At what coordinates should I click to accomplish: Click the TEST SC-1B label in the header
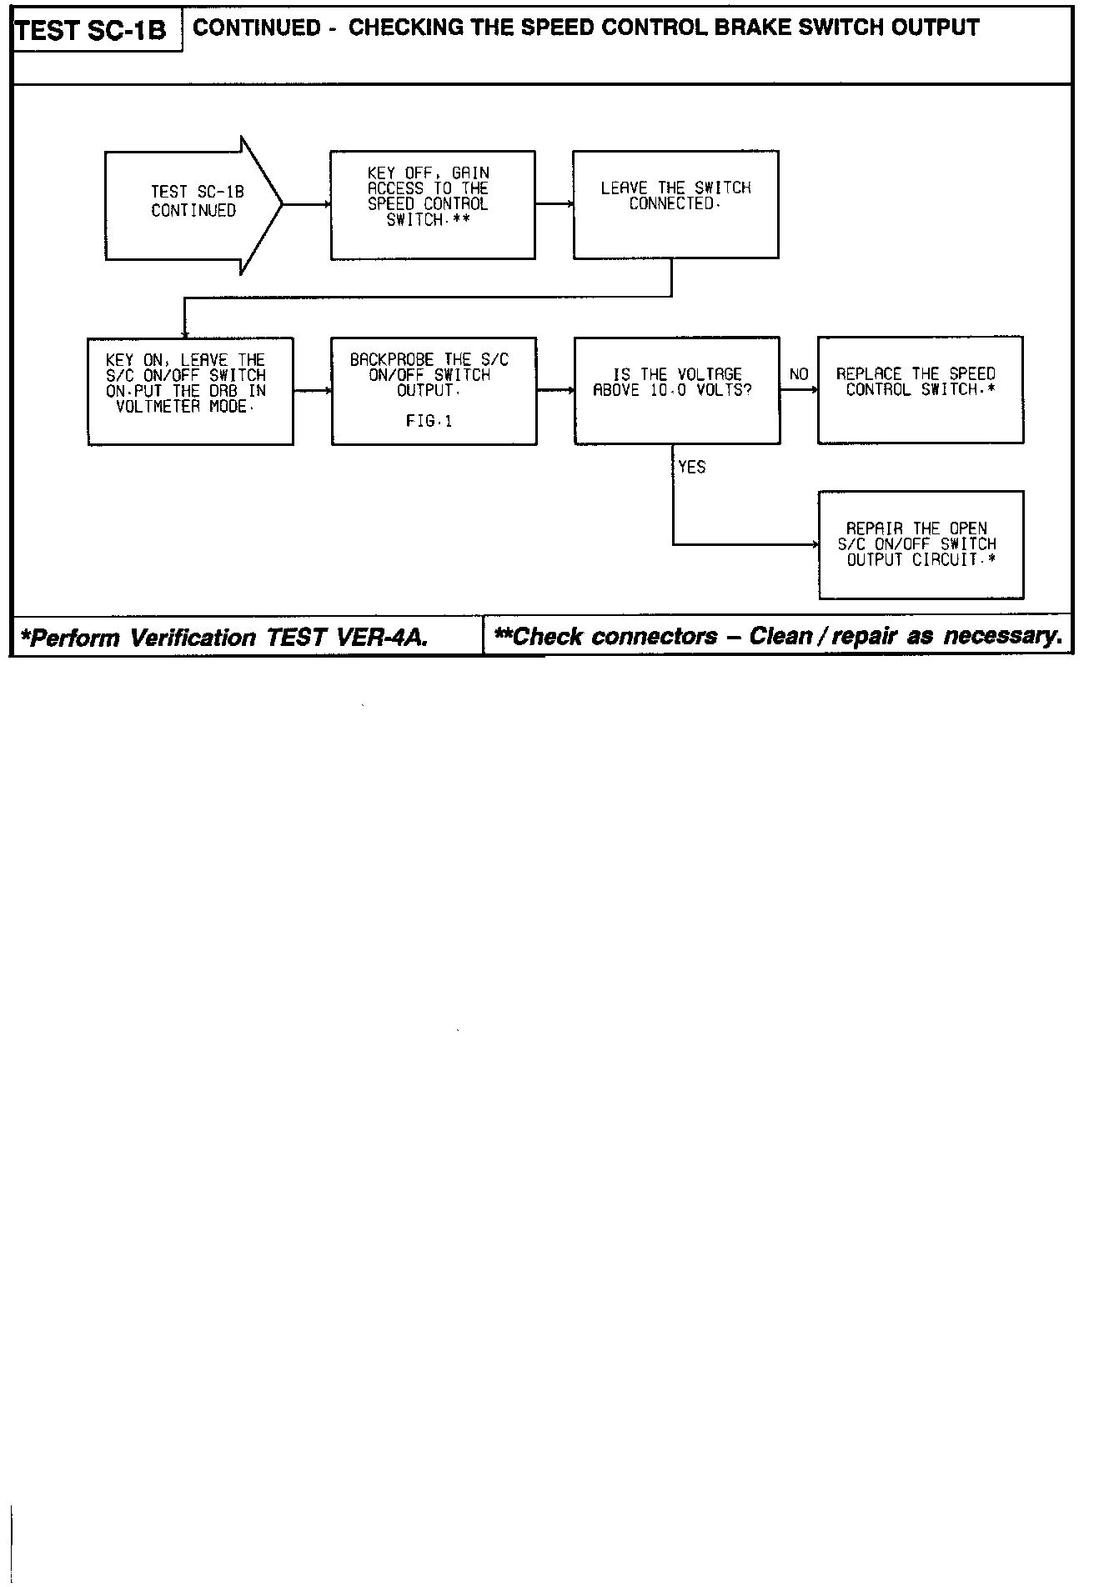91,32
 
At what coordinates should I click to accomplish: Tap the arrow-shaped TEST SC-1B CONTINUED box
194,203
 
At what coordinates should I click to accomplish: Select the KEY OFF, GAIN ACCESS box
432,204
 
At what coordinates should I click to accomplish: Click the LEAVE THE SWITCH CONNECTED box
675,204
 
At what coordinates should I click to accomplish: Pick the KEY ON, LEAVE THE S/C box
190,391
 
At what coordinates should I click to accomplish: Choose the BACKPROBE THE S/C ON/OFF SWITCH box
434,391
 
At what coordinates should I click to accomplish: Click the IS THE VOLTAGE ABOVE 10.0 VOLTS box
677,390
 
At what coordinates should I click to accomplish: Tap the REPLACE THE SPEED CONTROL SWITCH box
920,389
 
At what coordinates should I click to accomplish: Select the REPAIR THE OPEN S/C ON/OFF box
921,544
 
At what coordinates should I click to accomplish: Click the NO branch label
799,374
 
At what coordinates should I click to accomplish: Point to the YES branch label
692,468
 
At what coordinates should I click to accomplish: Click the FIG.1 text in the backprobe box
429,422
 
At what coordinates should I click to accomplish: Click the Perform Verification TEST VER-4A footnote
224,638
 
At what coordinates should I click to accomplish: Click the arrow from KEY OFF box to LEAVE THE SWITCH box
554,204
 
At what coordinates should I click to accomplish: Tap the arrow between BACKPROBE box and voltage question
555,390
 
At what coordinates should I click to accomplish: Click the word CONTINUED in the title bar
257,28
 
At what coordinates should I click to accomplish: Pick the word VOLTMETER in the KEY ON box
158,408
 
